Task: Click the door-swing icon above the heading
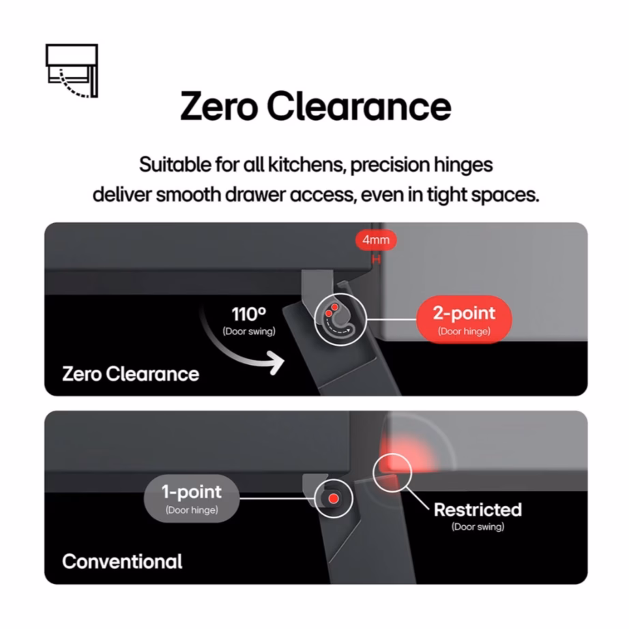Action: [x=72, y=70]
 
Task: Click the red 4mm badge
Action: [x=376, y=240]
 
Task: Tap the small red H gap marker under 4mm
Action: [x=374, y=259]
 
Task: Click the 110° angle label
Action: [x=248, y=314]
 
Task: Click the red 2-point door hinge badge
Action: [x=464, y=319]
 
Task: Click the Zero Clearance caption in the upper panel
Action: [x=130, y=374]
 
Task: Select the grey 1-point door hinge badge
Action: [x=191, y=498]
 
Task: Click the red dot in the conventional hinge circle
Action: [x=333, y=499]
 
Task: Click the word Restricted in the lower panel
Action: [x=478, y=510]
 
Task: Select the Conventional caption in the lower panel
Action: [x=122, y=561]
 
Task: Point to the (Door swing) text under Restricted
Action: [x=478, y=527]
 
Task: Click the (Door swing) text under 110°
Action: [x=248, y=332]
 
